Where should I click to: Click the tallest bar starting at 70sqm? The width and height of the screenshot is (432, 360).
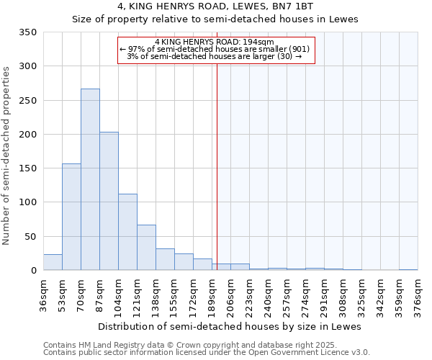click(90, 179)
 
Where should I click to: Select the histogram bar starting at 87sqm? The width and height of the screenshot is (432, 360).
click(109, 201)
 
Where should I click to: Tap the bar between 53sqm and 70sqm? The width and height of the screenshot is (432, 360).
click(71, 217)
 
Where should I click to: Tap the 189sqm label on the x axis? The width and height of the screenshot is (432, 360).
click(212, 296)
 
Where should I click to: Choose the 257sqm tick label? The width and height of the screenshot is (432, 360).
click(287, 296)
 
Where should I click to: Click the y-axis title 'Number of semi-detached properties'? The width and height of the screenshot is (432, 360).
click(7, 156)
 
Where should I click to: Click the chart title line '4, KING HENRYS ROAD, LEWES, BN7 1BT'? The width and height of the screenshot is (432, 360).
click(215, 6)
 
